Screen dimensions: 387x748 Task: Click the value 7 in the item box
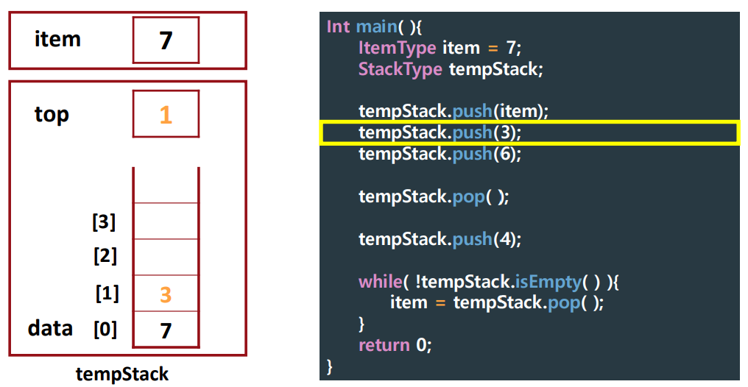(166, 40)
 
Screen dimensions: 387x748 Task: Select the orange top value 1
(166, 115)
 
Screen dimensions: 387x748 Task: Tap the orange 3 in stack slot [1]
(166, 294)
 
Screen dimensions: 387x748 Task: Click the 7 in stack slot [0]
(166, 330)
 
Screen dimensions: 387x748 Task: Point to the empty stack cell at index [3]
(166, 221)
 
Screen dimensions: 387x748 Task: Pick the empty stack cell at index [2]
(166, 257)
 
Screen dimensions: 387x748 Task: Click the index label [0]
(105, 329)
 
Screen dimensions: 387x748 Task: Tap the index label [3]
(104, 221)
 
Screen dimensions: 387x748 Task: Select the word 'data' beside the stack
(50, 328)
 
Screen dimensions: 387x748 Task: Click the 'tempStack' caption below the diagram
(122, 374)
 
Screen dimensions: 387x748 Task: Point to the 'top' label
(52, 115)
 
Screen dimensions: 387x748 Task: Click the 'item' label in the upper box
(57, 39)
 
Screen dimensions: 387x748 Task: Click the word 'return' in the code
(384, 345)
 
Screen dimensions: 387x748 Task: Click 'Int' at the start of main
(338, 27)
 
